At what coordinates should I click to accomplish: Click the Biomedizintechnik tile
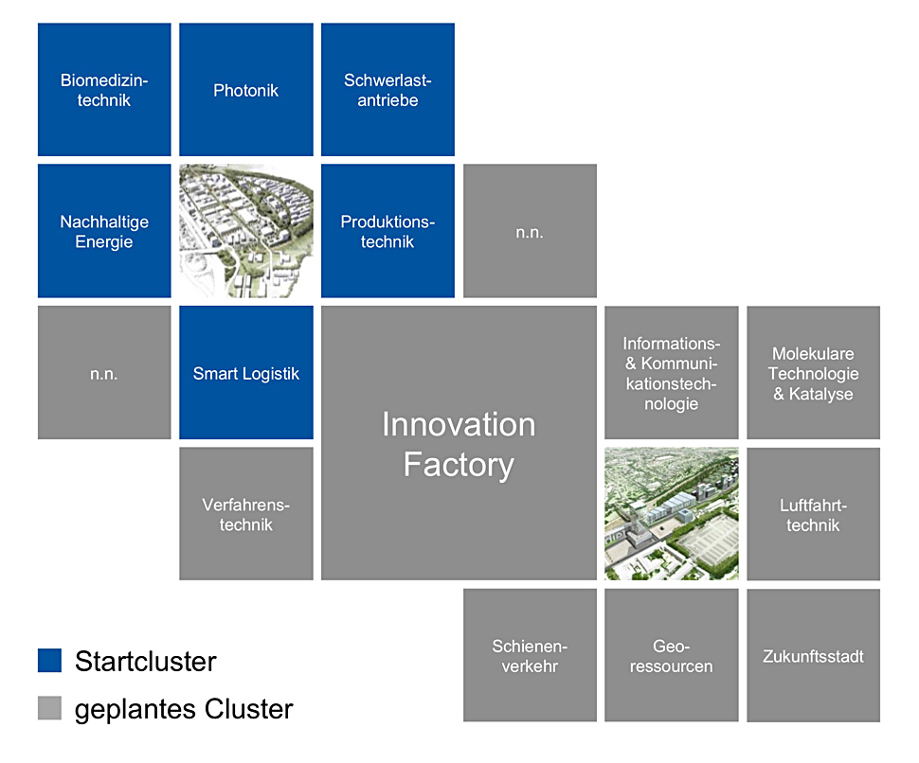(x=104, y=90)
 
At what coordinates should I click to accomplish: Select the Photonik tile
(x=246, y=90)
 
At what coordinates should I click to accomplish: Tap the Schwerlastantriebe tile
(x=388, y=90)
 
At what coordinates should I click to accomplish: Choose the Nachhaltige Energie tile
(x=104, y=231)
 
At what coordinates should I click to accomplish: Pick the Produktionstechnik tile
(x=388, y=231)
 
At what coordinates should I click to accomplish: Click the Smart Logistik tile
(x=246, y=372)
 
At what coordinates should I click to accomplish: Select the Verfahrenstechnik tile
(x=246, y=513)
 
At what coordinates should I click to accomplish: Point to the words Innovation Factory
(x=459, y=444)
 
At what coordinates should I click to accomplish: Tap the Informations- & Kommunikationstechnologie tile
(x=672, y=372)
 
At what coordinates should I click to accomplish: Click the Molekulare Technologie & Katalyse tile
(x=814, y=372)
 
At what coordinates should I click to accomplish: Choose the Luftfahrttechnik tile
(x=814, y=513)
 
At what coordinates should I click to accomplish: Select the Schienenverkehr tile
(x=530, y=655)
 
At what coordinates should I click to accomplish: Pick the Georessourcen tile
(x=672, y=655)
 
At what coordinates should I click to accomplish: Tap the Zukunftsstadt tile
(x=814, y=655)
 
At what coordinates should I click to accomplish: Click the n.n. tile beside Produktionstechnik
(x=530, y=231)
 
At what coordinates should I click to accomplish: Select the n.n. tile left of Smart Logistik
(x=104, y=372)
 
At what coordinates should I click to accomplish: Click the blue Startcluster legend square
(x=50, y=661)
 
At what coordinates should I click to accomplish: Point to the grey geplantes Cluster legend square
(x=50, y=708)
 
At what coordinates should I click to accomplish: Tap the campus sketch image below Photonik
(x=246, y=231)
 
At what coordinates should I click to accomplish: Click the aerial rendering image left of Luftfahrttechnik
(x=672, y=513)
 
